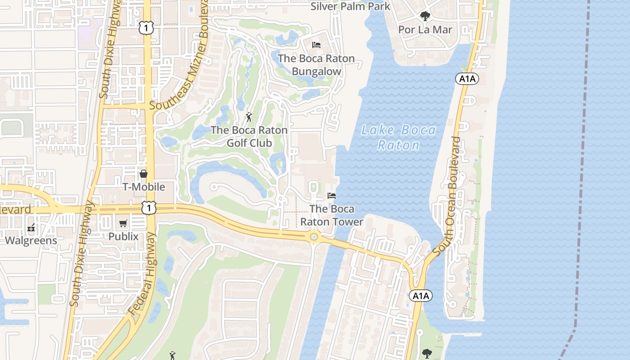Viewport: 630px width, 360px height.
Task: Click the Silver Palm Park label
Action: tap(351, 6)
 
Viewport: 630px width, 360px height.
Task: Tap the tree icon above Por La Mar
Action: tap(425, 17)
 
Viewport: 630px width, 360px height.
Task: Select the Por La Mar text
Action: tap(425, 30)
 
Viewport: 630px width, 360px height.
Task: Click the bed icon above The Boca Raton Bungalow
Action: tap(316, 45)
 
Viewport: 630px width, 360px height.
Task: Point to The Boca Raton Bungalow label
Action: tap(316, 65)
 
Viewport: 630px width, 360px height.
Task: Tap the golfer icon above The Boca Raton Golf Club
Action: tap(249, 117)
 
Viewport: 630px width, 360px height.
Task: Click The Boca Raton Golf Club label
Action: tap(249, 136)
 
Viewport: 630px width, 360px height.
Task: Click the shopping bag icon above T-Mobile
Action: tap(144, 174)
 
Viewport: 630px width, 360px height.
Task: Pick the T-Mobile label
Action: tap(144, 187)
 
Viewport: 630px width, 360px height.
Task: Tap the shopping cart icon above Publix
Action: tap(123, 223)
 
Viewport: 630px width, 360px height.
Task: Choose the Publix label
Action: tap(123, 236)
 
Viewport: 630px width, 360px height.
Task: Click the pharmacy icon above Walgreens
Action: tap(31, 228)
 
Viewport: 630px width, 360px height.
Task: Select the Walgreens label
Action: tap(31, 240)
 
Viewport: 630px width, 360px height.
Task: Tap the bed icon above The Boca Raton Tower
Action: tap(332, 196)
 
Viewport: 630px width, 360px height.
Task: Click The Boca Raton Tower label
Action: tap(332, 215)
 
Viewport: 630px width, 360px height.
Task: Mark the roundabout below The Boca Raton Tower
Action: tap(314, 237)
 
